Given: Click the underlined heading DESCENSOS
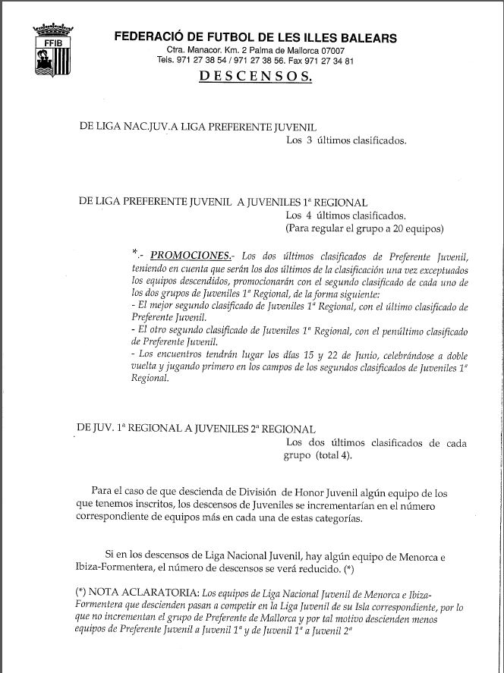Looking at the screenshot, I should (254, 77).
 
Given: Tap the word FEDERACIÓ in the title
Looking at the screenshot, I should (147, 38).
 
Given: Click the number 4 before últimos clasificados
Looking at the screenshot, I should (310, 215).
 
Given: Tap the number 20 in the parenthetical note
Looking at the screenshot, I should (400, 228).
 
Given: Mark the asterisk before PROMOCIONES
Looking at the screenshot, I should (134, 253).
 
